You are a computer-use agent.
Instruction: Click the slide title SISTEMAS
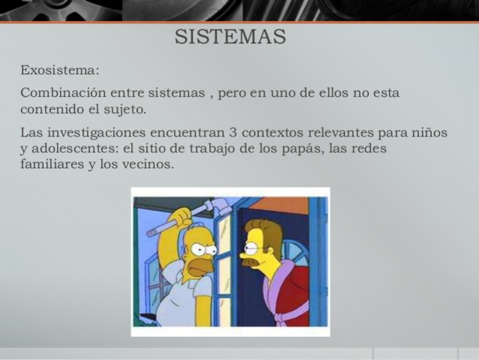(x=230, y=37)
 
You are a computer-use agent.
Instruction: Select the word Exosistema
(x=58, y=71)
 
